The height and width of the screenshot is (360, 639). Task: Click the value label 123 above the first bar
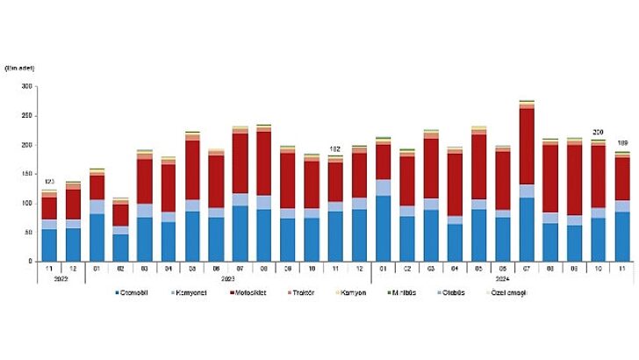point(49,183)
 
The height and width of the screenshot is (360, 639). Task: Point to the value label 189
point(622,144)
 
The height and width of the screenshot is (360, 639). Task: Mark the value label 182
point(335,148)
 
